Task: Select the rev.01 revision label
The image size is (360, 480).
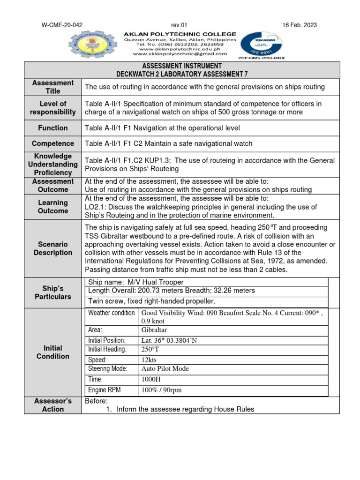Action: [180, 25]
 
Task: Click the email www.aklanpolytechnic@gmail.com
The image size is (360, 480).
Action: [180, 53]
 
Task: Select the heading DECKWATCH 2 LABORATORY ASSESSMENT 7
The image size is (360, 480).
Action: [182, 74]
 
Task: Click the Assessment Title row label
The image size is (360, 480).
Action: [53, 87]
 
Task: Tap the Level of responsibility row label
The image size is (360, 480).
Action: [53, 108]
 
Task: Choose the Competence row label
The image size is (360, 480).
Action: [53, 143]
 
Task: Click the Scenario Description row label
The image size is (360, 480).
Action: [53, 248]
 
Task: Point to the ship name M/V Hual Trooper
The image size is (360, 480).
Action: [136, 282]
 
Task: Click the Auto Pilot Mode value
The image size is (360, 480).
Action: [165, 369]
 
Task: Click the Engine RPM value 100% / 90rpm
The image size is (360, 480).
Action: [161, 390]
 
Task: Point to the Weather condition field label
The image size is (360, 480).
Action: [111, 313]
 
